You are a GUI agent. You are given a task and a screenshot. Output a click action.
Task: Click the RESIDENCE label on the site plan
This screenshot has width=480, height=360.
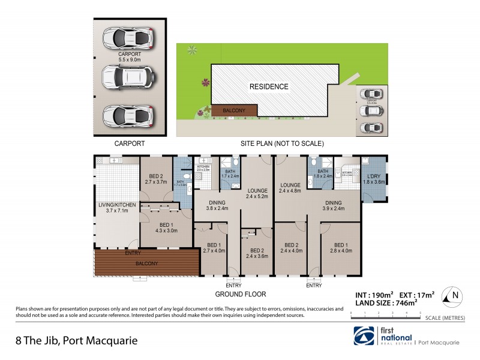[x=269, y=86]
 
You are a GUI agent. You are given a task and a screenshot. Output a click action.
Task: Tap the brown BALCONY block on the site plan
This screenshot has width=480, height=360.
[x=235, y=110]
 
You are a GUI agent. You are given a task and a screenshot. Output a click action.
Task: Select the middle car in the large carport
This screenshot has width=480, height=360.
[x=127, y=76]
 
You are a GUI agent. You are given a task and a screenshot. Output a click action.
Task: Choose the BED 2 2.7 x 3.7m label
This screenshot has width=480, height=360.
[x=155, y=178]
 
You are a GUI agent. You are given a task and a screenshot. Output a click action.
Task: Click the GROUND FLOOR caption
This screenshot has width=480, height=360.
[x=241, y=295]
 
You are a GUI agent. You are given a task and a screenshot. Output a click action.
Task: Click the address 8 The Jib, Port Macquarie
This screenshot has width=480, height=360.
[x=76, y=340]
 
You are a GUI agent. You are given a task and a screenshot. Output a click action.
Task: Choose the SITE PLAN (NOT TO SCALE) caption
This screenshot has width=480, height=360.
[x=282, y=144]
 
